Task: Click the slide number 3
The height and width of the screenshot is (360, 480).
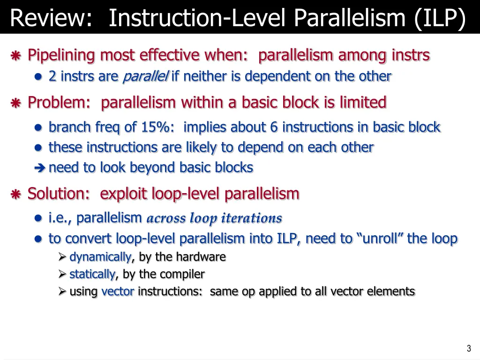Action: (x=469, y=348)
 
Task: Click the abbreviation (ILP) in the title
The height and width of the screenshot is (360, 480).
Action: (x=440, y=19)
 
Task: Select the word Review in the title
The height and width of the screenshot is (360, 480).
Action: (x=50, y=19)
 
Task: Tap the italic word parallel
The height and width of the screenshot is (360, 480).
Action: (x=145, y=76)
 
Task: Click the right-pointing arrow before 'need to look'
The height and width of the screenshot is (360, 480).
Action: (x=40, y=168)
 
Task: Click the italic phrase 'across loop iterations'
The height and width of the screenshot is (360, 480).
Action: (x=214, y=218)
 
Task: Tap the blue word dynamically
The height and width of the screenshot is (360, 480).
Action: (x=100, y=257)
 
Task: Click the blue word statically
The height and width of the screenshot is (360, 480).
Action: (x=92, y=274)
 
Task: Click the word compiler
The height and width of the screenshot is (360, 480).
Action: (x=181, y=274)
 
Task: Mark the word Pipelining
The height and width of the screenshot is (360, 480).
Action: (x=61, y=55)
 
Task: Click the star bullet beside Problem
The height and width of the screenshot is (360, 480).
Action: (x=15, y=103)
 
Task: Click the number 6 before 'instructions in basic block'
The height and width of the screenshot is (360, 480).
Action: (x=274, y=127)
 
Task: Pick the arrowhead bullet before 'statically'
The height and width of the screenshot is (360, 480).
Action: (x=62, y=274)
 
